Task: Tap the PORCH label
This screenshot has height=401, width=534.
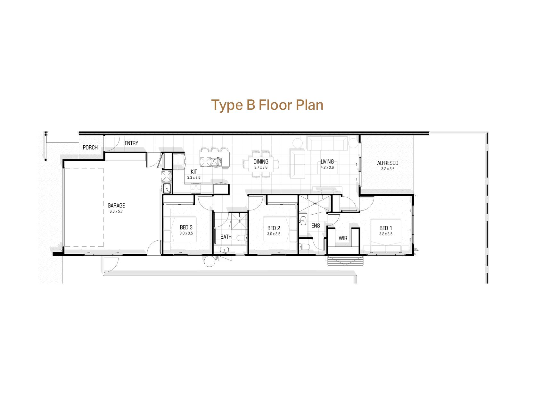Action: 90,148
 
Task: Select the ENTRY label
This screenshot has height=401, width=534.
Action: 131,143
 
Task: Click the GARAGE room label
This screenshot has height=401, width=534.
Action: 116,206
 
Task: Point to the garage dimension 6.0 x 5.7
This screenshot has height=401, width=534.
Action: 116,211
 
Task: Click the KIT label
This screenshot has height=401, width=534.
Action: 194,172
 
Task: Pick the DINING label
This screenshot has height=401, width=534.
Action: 261,162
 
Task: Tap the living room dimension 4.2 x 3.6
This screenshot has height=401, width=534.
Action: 327,167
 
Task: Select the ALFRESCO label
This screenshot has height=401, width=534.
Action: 388,163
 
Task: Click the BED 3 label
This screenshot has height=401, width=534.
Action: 186,228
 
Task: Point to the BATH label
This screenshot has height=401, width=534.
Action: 226,237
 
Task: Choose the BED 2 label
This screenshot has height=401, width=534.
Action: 274,228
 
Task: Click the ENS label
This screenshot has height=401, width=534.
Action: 316,226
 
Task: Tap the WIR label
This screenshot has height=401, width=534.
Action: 343,238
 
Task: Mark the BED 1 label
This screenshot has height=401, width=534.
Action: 386,228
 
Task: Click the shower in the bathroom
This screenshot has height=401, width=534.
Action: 239,221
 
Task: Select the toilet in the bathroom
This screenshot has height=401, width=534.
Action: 242,238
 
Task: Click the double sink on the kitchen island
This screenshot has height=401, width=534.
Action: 217,162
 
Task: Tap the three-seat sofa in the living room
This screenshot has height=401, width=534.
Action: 327,143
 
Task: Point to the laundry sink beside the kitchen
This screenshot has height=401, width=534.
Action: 166,189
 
